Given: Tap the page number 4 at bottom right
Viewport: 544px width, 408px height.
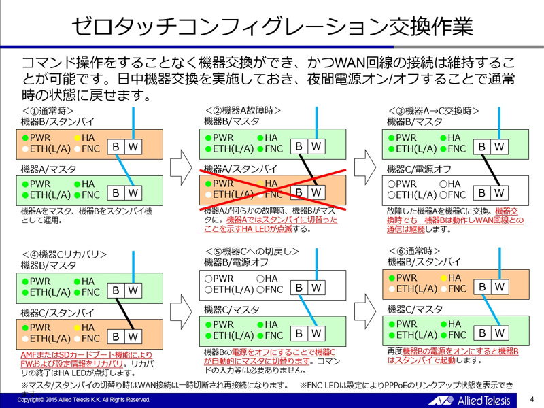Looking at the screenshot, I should [x=532, y=399].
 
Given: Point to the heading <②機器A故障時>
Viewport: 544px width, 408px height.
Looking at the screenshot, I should [x=243, y=111].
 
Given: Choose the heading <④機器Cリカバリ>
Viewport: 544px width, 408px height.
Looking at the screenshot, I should [x=65, y=254].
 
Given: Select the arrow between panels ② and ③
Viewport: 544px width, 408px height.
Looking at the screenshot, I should [x=365, y=164].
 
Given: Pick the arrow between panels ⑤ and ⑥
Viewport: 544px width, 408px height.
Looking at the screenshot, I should [x=365, y=306].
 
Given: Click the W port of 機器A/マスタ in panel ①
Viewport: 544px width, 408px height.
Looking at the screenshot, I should [x=133, y=193].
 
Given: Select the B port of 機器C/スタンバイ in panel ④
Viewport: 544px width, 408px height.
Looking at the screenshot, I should [x=116, y=336].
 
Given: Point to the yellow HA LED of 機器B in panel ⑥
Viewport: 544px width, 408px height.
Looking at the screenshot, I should [x=443, y=277].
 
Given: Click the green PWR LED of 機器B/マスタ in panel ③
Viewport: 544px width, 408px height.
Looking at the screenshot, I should [x=390, y=137].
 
